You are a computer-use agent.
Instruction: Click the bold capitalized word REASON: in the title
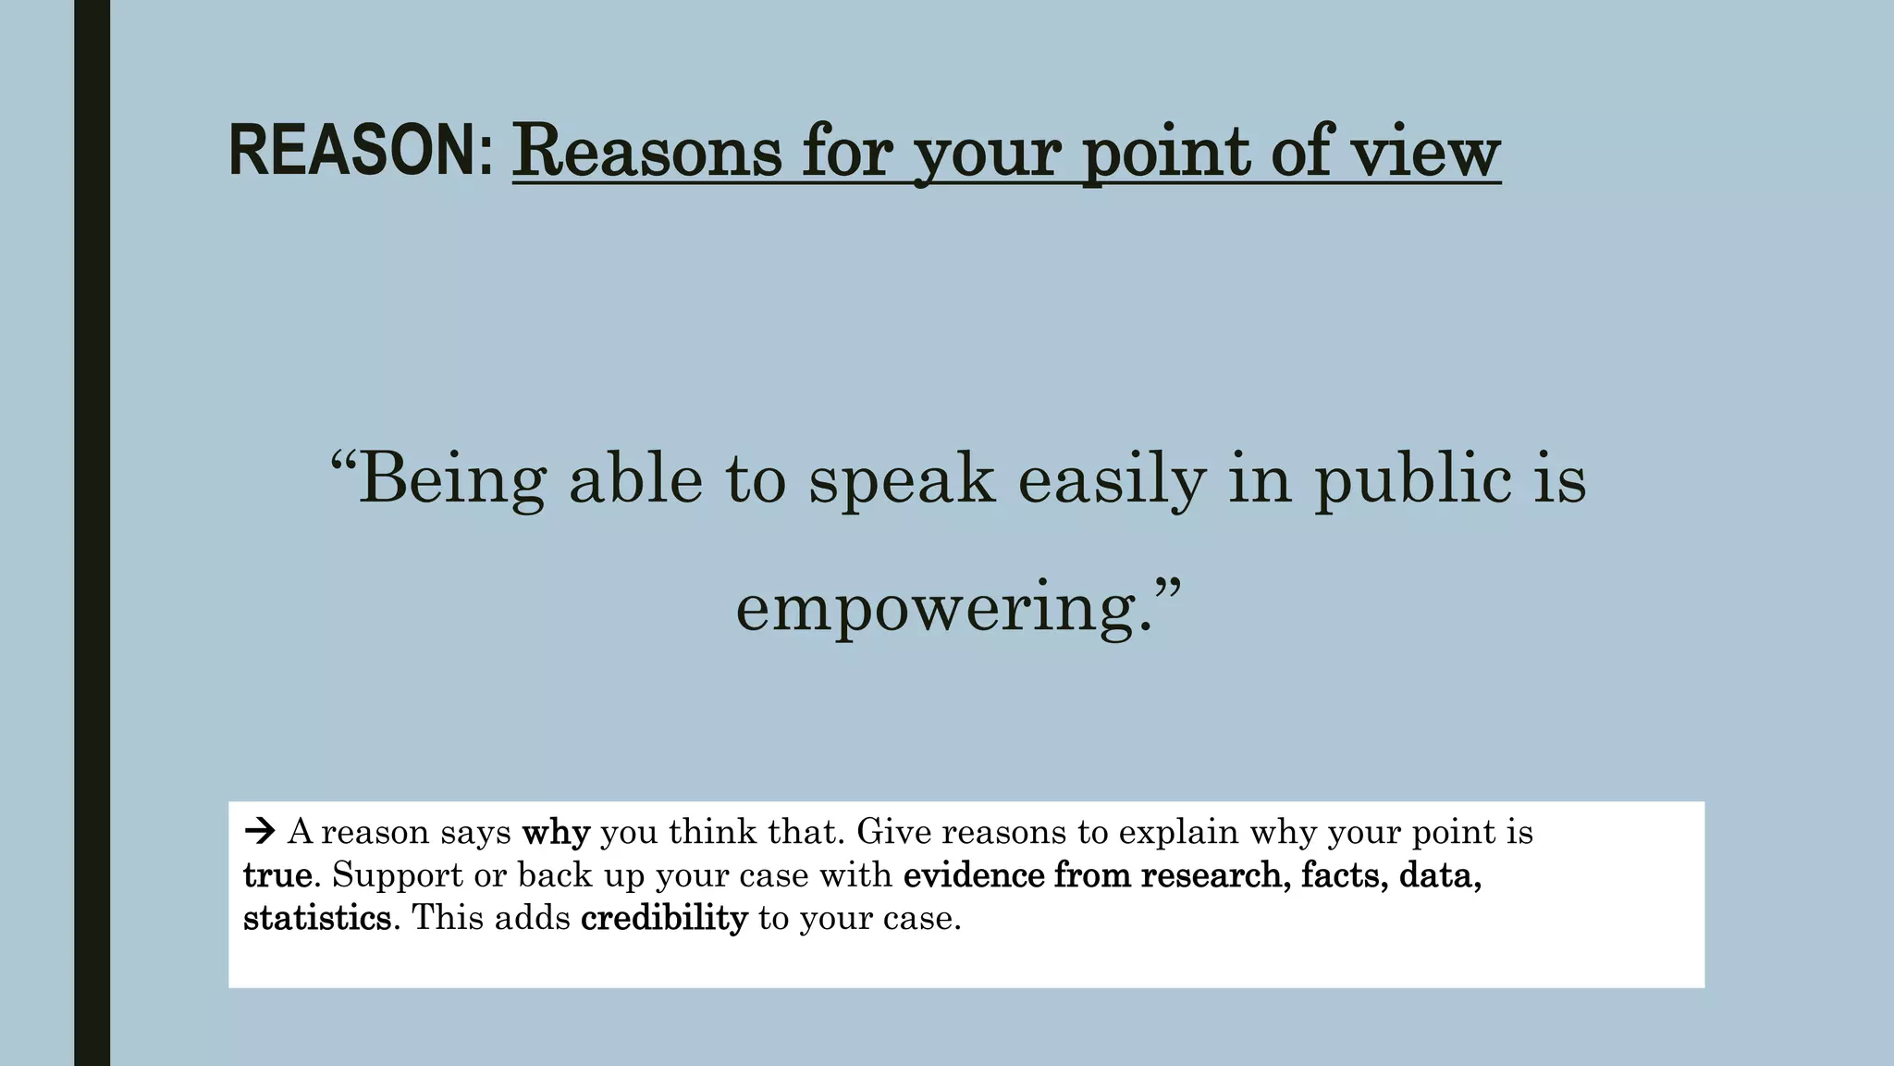pyautogui.click(x=361, y=151)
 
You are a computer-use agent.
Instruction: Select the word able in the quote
pyautogui.click(x=635, y=478)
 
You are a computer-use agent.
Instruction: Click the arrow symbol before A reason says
pyautogui.click(x=260, y=832)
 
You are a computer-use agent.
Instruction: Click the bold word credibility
pyautogui.click(x=664, y=918)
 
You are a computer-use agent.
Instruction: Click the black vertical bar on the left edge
pyautogui.click(x=92, y=533)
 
